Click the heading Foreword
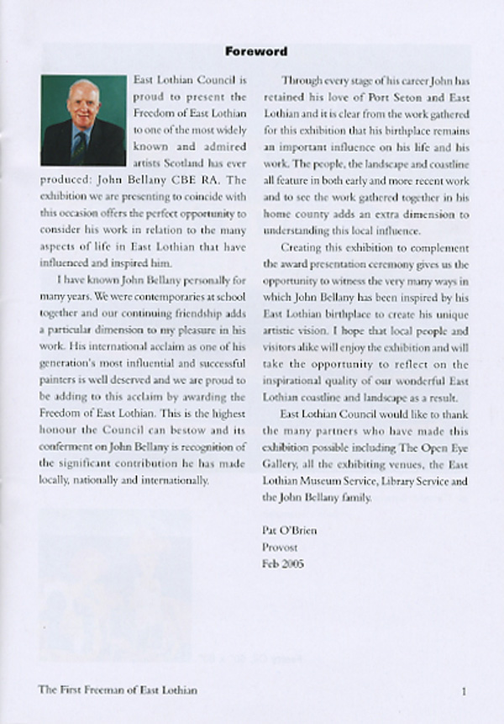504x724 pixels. click(x=256, y=51)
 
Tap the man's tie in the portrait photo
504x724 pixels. click(x=80, y=145)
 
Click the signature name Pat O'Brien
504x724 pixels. click(x=290, y=531)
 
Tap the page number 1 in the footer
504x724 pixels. click(x=464, y=690)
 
